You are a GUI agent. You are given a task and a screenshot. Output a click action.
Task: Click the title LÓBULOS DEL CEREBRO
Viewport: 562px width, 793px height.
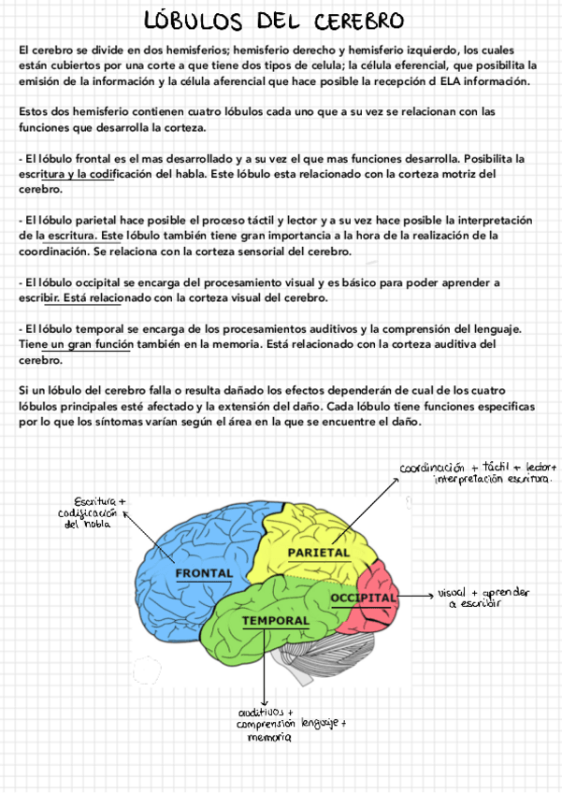[274, 21]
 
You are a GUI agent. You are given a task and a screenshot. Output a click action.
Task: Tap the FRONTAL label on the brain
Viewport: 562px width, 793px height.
[203, 572]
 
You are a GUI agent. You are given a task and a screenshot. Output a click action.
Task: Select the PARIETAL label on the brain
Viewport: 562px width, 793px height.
[318, 553]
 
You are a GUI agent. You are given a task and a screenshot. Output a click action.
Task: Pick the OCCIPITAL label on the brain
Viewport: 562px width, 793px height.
[364, 597]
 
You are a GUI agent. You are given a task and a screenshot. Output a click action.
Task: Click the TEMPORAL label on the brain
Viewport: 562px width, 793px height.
[275, 621]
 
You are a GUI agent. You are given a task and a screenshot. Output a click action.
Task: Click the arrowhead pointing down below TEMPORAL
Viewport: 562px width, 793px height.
[265, 702]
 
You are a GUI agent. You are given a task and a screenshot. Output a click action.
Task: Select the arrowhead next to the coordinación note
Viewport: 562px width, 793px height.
[394, 478]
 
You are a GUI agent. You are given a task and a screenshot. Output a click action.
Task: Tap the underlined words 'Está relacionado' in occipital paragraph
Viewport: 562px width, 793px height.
[83, 298]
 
